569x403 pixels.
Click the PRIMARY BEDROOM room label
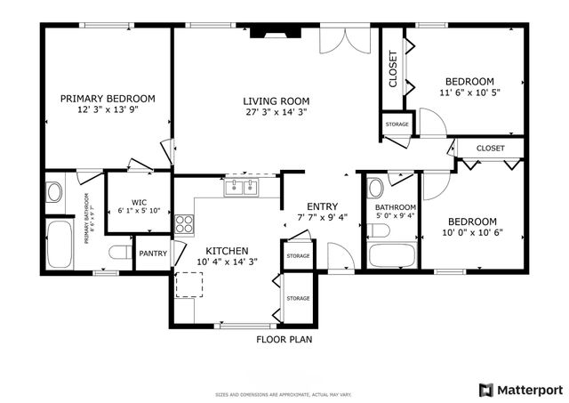tap(108, 99)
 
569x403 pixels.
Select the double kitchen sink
tap(240, 187)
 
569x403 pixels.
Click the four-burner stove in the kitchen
tap(184, 224)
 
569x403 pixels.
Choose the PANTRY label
tap(153, 254)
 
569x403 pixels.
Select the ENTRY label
tap(317, 206)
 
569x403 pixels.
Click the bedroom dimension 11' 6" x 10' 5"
tap(469, 93)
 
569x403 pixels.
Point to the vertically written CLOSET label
tap(393, 69)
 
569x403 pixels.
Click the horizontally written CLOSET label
tap(490, 148)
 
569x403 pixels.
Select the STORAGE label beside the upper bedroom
tap(397, 124)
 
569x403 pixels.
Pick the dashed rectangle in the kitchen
tap(188, 284)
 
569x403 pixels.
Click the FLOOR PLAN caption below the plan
tap(284, 339)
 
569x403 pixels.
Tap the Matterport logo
tap(520, 389)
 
